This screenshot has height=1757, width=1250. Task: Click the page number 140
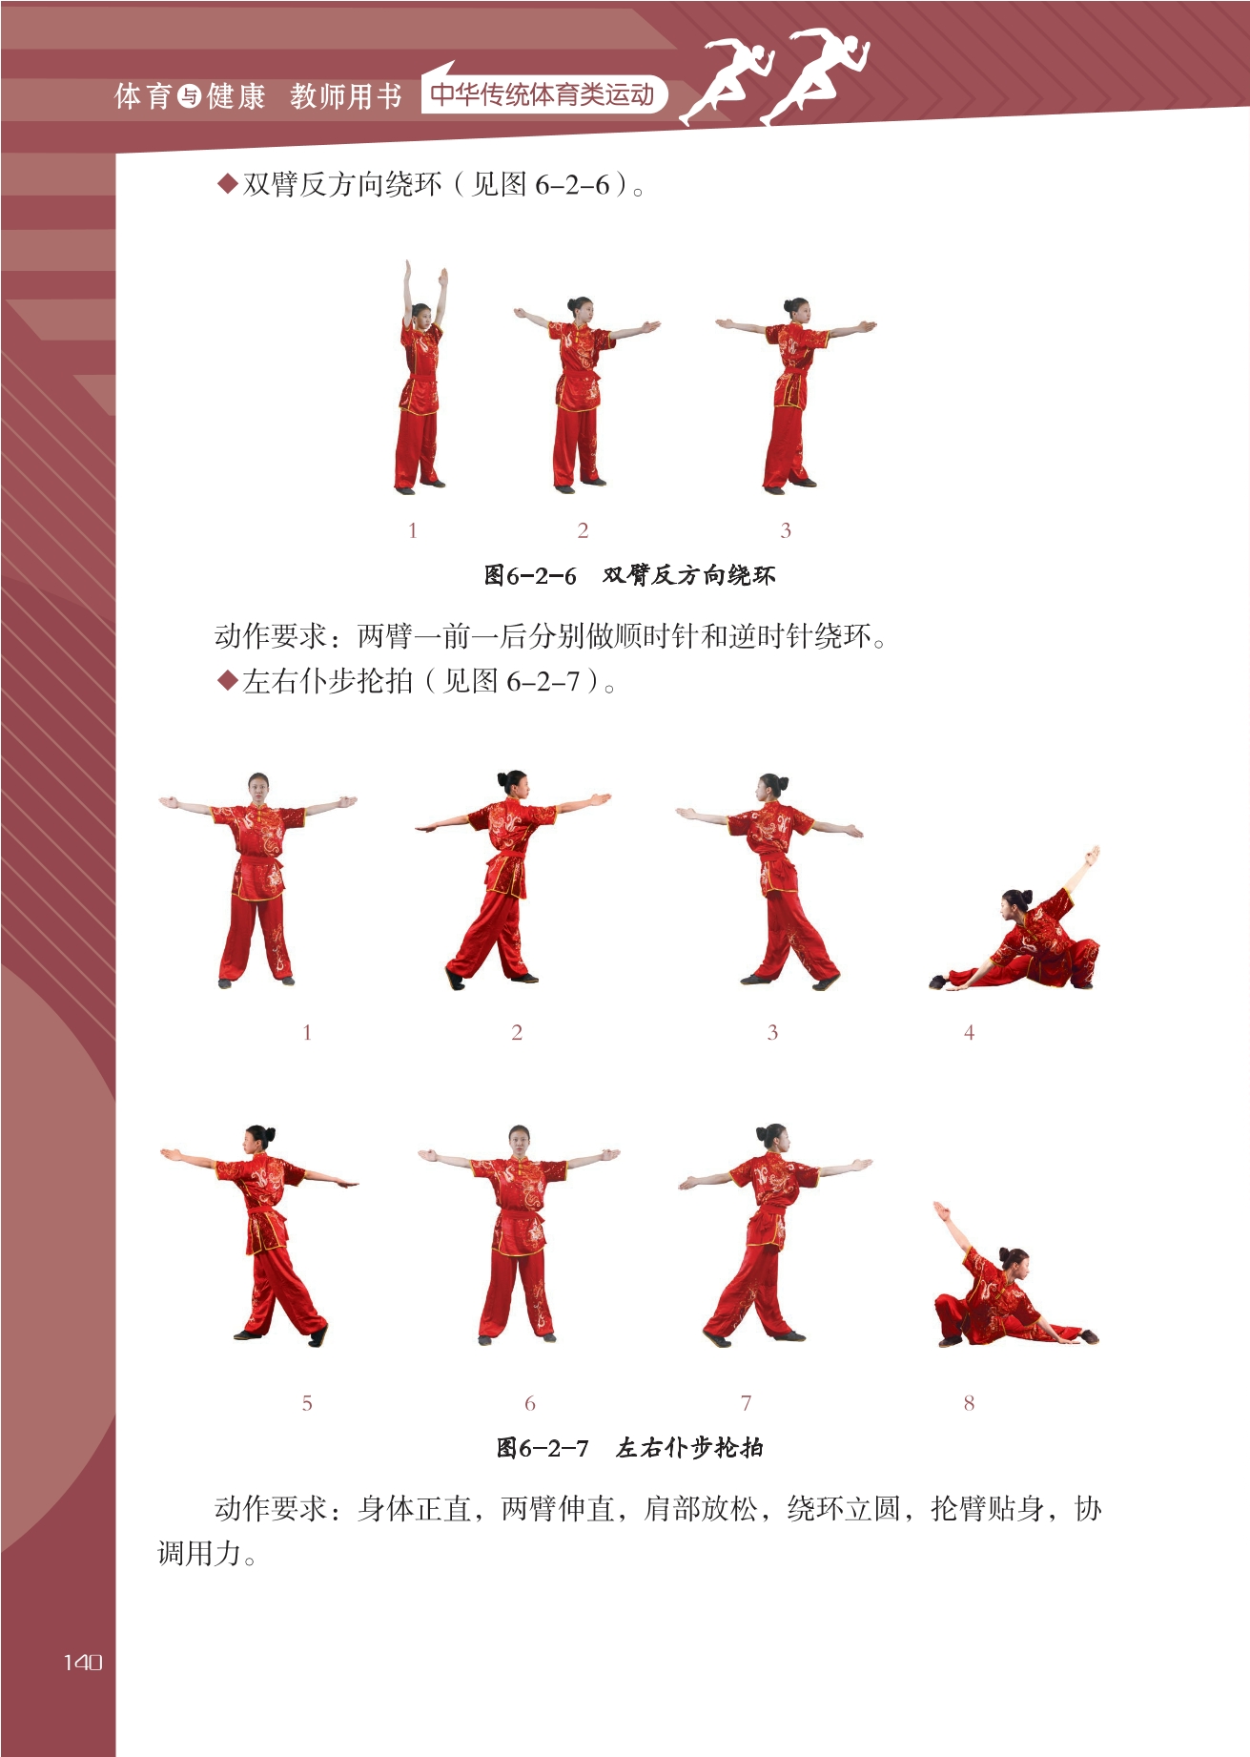click(x=83, y=1663)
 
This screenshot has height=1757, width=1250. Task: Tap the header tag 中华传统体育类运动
click(x=543, y=94)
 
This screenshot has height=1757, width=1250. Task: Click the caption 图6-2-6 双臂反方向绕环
click(x=629, y=575)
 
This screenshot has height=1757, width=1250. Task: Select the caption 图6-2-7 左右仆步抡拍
click(x=629, y=1447)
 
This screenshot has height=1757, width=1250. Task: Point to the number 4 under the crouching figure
click(x=969, y=1032)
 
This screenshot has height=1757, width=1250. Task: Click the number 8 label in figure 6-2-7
click(x=969, y=1402)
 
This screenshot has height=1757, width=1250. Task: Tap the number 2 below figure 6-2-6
click(x=583, y=530)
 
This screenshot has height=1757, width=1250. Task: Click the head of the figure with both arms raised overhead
click(x=421, y=312)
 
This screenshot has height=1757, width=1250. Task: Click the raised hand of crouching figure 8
click(x=941, y=1211)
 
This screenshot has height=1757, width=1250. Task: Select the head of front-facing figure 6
click(x=519, y=1138)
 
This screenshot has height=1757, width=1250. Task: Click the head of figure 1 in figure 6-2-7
click(x=257, y=787)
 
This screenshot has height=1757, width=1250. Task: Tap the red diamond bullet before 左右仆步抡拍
click(x=227, y=681)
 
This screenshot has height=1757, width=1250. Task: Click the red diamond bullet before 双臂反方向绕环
click(x=227, y=183)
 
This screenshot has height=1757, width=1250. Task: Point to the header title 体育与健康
click(x=190, y=96)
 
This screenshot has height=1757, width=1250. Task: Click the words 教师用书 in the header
click(x=346, y=96)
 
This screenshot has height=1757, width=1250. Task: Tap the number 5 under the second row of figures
click(x=307, y=1402)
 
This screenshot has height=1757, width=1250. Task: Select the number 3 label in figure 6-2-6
click(x=786, y=530)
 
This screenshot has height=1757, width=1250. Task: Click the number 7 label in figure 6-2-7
click(x=746, y=1402)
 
